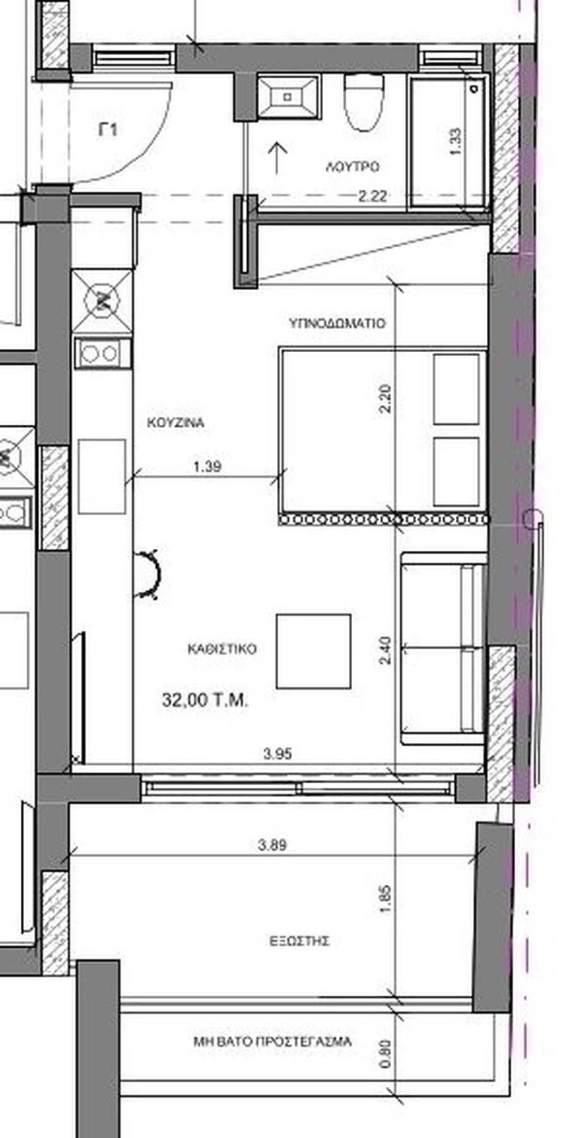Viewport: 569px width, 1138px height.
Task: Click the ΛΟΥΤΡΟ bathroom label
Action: coord(352,167)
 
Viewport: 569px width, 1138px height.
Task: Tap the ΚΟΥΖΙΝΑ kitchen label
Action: coord(176,422)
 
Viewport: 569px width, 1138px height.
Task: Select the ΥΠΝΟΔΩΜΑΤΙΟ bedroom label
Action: coord(337,323)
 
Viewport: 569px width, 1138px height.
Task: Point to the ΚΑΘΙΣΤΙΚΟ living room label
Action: coord(221,649)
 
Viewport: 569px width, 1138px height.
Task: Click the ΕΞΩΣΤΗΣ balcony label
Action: coord(300,941)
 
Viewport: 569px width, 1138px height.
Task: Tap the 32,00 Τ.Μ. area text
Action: coord(205,701)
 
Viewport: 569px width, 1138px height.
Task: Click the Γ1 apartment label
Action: coord(108,130)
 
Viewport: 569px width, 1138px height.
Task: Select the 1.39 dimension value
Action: coord(207,467)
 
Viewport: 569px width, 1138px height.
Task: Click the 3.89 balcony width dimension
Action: coord(273,845)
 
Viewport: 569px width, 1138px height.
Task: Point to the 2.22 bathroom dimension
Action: coord(372,197)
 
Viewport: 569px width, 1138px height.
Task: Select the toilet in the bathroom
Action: coord(364,101)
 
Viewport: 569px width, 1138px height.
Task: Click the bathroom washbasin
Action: coord(288,97)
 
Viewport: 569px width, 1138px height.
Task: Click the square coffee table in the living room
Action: coord(314,651)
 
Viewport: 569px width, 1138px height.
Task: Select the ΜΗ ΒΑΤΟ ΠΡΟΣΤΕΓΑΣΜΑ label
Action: coord(272,1041)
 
